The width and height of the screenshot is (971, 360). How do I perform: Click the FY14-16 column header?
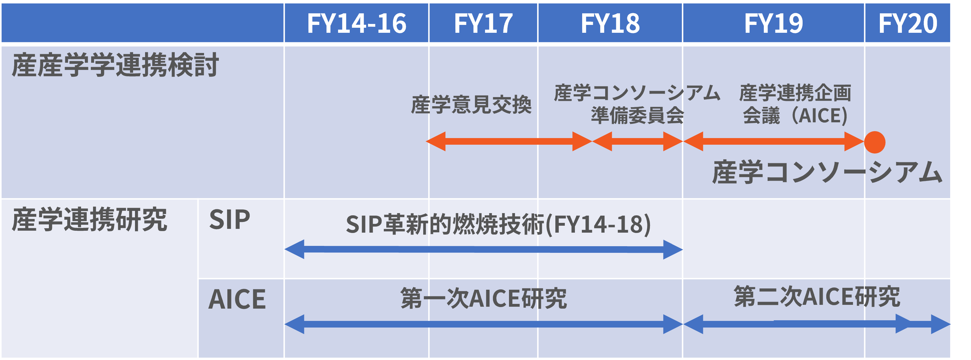(x=356, y=23)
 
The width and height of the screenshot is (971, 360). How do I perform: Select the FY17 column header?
(x=483, y=23)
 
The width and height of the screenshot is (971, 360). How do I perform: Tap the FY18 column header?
(x=610, y=23)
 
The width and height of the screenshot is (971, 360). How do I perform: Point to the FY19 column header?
(x=773, y=23)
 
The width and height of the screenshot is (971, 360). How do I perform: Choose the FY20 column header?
(x=907, y=23)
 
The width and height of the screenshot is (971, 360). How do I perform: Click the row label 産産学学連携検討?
(x=115, y=65)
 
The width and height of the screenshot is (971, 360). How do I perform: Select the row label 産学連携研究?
(x=89, y=219)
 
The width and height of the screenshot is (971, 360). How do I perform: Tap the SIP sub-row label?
(x=229, y=219)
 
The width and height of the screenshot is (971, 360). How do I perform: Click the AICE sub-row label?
(x=237, y=299)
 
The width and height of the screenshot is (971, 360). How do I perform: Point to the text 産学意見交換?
(x=471, y=104)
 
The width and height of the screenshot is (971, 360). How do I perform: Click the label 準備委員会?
(x=637, y=115)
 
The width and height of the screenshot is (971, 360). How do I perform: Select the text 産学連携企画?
(x=795, y=93)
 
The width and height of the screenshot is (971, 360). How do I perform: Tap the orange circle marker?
(x=874, y=142)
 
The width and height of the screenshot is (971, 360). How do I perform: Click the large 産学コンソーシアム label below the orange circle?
(x=826, y=172)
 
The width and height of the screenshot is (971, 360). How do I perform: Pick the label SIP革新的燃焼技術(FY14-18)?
(x=498, y=224)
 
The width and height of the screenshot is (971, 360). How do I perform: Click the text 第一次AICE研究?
(x=483, y=298)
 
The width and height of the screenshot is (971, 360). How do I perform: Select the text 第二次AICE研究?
(x=816, y=296)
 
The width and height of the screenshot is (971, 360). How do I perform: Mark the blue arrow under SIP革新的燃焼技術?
(x=483, y=249)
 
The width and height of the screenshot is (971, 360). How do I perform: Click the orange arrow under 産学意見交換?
(x=508, y=141)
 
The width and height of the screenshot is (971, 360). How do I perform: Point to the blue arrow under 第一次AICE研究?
(x=483, y=324)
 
